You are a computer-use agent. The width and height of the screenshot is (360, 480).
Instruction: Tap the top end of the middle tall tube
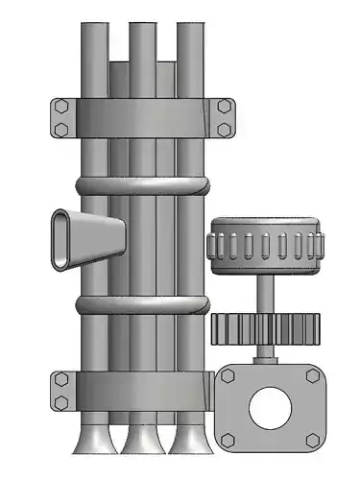143,29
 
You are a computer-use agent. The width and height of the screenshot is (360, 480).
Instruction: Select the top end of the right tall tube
188,29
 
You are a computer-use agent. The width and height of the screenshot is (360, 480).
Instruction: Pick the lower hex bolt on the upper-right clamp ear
224,128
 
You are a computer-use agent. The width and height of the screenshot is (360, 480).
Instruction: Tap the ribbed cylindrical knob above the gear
267,246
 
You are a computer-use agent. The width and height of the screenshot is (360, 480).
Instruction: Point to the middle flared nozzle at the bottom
143,439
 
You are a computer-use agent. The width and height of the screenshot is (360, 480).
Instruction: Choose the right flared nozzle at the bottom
188,439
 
